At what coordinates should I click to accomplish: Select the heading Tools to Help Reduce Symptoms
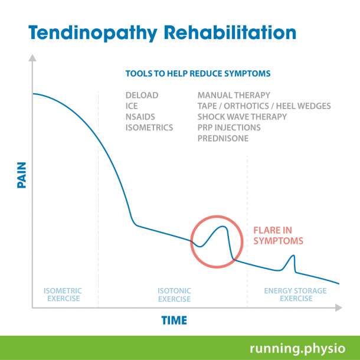198,74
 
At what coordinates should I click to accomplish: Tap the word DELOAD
142,95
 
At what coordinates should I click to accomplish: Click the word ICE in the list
132,106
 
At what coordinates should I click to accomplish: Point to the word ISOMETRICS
149,127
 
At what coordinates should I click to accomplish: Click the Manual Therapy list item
234,95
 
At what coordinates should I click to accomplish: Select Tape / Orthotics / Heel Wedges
264,106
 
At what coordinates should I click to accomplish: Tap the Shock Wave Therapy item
242,117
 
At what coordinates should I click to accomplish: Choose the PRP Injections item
229,127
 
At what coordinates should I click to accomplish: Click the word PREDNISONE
223,139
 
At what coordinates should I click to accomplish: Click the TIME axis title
174,320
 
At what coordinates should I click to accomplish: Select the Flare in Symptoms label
278,235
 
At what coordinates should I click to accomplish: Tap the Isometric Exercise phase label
63,294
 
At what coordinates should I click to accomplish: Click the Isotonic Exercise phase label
174,294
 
